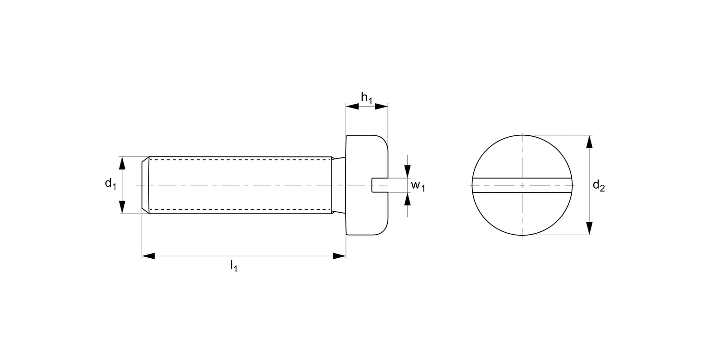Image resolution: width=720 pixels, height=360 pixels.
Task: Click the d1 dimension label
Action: coord(110,183)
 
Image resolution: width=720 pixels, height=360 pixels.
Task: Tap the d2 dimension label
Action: coord(598,185)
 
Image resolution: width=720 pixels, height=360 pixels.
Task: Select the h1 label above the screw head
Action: coord(366,98)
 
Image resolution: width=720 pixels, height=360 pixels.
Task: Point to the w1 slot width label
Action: coord(418,186)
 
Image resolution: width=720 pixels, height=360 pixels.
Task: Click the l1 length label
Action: coord(233,265)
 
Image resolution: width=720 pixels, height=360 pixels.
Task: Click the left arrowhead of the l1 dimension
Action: coord(148,256)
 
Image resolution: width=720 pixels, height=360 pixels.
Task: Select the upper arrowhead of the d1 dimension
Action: coord(122,163)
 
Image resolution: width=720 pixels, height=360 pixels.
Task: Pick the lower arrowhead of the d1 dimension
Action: coord(122,206)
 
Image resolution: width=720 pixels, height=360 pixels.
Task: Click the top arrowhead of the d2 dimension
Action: coord(590,142)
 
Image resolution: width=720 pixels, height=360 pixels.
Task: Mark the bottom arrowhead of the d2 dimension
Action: coord(590,228)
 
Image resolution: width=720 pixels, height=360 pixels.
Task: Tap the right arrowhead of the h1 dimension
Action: coord(381,107)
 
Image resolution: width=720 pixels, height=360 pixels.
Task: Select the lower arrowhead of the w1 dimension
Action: coord(408,198)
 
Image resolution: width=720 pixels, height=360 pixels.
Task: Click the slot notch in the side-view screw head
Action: coord(380,185)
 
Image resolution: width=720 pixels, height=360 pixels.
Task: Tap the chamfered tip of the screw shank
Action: coord(145,185)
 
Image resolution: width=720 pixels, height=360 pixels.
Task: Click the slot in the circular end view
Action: coord(522,185)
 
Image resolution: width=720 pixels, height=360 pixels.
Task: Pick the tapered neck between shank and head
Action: coord(339,185)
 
